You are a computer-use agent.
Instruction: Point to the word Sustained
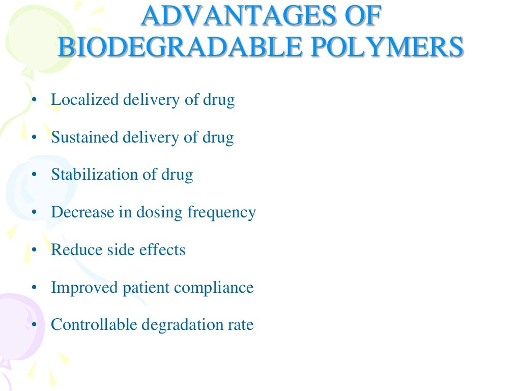click(x=84, y=137)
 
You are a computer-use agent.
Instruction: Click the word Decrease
click(x=82, y=212)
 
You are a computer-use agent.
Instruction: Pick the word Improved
click(x=84, y=288)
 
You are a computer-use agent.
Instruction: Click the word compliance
click(x=214, y=288)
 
